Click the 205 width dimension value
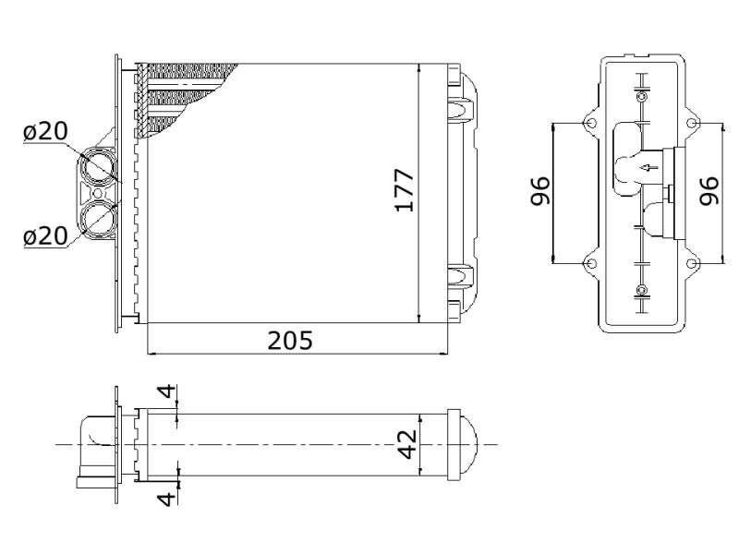coord(290,340)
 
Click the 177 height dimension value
coord(405,190)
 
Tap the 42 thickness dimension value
coord(407,444)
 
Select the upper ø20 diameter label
coord(45,131)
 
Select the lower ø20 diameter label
coord(45,235)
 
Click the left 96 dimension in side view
coord(540,191)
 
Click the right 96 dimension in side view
coord(709,191)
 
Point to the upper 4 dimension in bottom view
coord(166,391)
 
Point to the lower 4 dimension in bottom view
coord(166,498)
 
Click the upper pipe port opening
coord(98,166)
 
